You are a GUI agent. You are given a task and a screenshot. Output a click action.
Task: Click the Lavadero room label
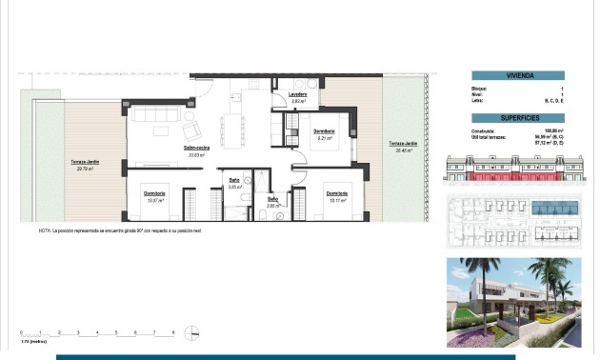(297, 95)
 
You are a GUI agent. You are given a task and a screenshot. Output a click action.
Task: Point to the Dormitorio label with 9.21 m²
(323, 131)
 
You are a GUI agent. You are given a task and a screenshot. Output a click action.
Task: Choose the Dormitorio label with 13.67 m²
(155, 193)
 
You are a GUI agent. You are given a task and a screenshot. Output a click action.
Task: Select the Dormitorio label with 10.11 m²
(335, 193)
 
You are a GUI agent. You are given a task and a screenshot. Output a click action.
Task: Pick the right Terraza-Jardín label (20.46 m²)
(402, 146)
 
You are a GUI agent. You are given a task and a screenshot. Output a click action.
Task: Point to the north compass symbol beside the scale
(193, 333)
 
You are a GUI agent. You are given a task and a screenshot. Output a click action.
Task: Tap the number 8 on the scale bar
(173, 331)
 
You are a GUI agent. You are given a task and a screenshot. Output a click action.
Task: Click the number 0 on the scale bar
(21, 331)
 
